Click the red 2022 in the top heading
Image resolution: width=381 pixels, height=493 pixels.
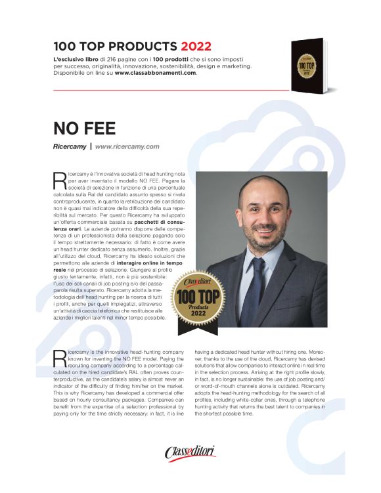coord(193,47)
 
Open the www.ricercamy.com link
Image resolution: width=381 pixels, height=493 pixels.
coord(127,146)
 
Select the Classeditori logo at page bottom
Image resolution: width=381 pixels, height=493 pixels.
coord(190,452)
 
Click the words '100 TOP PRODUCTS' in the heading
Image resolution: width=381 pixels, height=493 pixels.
coord(115,47)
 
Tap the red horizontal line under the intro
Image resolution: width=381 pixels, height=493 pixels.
coord(171,89)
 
